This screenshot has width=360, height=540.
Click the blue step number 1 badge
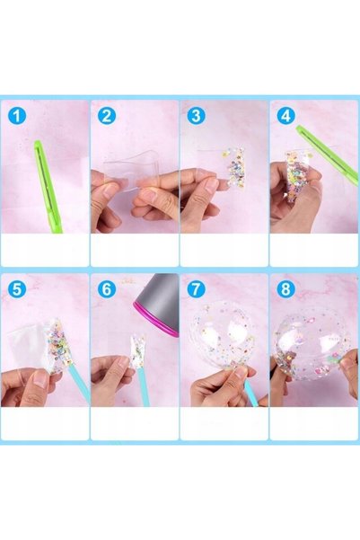click(16, 116)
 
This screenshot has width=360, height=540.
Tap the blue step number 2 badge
click(106, 116)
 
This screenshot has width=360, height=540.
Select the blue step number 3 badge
click(196, 116)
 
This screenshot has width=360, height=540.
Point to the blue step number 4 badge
click(285, 116)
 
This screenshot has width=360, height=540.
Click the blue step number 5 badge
click(16, 288)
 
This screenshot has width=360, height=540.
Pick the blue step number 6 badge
click(106, 288)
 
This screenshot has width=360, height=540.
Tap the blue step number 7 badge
click(196, 288)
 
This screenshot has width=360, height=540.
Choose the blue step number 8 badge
click(285, 288)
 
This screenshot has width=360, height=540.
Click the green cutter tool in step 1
click(48, 186)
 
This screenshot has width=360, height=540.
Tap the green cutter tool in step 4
click(327, 149)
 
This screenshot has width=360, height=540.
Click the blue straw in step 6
click(143, 387)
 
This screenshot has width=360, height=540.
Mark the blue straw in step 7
click(251, 392)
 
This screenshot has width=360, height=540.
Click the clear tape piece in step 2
click(134, 170)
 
